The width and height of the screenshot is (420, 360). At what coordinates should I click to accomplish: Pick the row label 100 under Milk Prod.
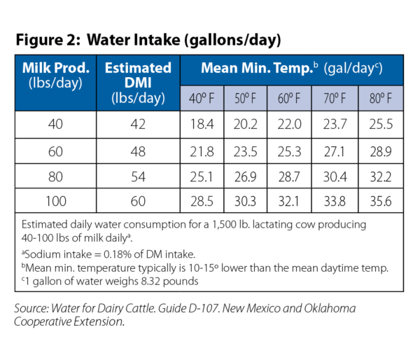tap(56, 202)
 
